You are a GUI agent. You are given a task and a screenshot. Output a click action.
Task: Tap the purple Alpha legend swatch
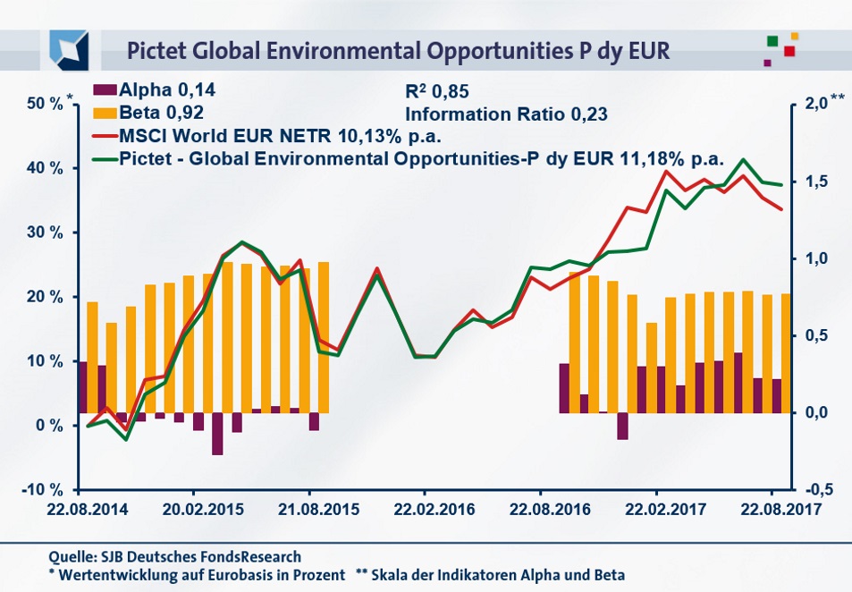[x=105, y=90]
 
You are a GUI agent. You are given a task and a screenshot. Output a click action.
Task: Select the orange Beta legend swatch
[x=105, y=113]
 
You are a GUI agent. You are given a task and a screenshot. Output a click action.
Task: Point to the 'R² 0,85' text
[x=437, y=91]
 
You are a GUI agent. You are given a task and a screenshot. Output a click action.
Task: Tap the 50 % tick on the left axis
[x=45, y=104]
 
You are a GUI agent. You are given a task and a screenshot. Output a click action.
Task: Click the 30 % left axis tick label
[x=45, y=233]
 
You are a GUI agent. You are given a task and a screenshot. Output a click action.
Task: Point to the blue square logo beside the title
[x=69, y=48]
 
